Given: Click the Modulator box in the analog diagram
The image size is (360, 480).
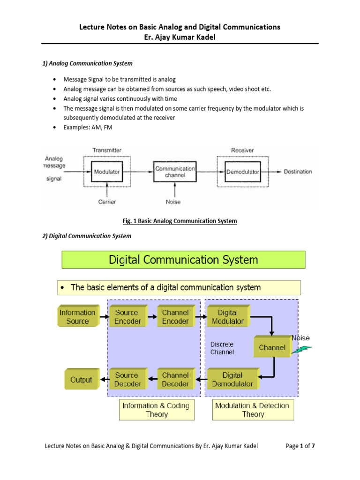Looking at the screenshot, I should point(107,172).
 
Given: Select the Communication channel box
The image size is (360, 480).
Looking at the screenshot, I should point(175,172).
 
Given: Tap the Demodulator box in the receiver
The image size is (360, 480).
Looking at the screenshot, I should point(242,172).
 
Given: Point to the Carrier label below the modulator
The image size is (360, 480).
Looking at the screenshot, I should point(107,202).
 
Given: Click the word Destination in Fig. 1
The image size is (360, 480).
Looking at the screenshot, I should point(298,172).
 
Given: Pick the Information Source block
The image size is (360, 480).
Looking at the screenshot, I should point(77,317).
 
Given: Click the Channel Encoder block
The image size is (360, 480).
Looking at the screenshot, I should point(175,317).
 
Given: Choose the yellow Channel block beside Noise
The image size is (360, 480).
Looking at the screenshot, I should point(271,348).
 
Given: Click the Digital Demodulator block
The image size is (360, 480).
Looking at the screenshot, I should point(232,379).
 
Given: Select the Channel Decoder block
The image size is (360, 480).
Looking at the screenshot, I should point(175,379).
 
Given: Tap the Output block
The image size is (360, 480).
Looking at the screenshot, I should point(81,380).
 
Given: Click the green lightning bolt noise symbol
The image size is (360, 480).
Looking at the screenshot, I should point(300,349).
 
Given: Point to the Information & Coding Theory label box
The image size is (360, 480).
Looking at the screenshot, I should point(156,410).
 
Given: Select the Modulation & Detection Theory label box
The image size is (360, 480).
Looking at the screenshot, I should point(253,410).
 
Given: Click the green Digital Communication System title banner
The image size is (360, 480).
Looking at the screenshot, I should point(183,260).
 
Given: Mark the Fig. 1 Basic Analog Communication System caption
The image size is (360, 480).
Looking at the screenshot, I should point(180,221).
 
